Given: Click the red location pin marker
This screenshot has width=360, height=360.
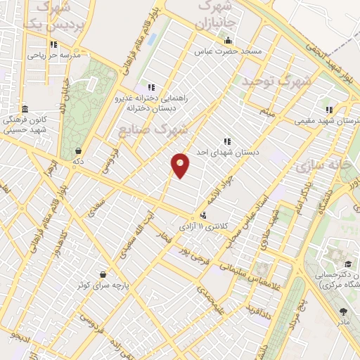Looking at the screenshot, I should (181, 165).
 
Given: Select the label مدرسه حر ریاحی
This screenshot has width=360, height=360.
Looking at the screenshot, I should (55, 54).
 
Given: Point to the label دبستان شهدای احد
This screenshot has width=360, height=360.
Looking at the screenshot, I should (228, 151).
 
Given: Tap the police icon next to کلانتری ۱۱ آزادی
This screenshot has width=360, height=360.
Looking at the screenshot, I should (203, 215).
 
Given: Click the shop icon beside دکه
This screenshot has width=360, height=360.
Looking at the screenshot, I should (77, 150).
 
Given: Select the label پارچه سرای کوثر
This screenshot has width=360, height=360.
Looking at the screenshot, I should (104, 286).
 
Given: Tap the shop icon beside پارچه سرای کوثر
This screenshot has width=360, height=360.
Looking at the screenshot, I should (103, 275).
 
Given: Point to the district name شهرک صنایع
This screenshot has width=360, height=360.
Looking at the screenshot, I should (163, 129).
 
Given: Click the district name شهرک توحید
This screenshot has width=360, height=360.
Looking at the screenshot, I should (276, 82).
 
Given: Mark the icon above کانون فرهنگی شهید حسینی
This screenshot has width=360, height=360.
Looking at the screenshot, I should (25, 108).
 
